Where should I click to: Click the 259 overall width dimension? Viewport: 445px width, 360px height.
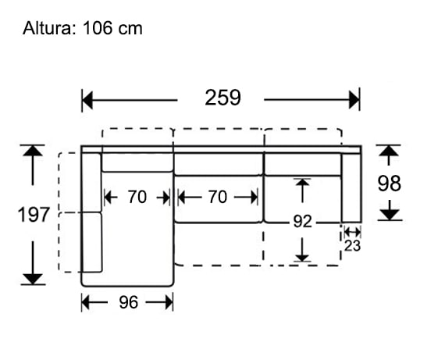coord(222,98)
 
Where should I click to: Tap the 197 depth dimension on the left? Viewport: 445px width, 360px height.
coord(34,215)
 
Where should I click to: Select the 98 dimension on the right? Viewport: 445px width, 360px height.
coord(389,183)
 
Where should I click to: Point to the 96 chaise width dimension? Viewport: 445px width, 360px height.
coord(127,302)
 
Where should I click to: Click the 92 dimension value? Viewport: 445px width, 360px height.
coord(303,221)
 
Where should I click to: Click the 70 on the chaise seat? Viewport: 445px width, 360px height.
coord(137,198)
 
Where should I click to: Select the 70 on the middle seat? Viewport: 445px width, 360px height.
coord(218,198)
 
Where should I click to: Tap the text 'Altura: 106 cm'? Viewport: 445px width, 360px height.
coord(83,29)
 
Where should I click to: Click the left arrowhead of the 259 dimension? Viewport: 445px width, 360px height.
coord(87,100)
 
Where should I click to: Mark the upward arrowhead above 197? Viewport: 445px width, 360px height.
coord(32,151)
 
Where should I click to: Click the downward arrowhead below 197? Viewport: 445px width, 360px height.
coord(32,277)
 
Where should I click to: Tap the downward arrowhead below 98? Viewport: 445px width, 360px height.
coord(390,212)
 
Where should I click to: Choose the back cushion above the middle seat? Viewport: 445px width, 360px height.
coord(218,164)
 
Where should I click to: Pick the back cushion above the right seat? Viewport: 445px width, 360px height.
coord(303,164)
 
